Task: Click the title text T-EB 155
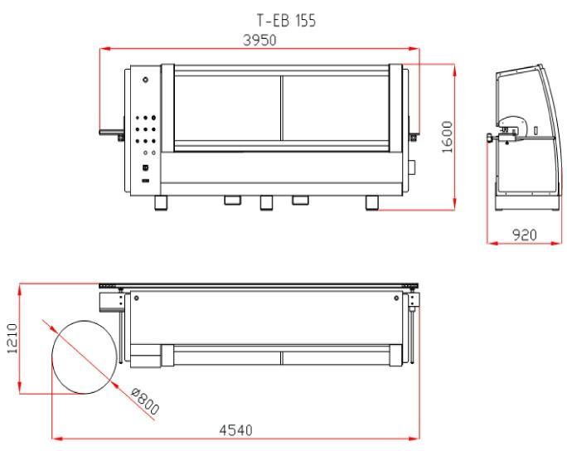(286, 21)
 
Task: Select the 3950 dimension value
(259, 40)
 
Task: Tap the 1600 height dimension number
(448, 137)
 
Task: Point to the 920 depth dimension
(525, 235)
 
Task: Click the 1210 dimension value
(12, 339)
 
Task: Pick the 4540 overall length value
(235, 430)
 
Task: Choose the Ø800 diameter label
(145, 401)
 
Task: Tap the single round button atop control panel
(145, 80)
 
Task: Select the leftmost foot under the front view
(162, 203)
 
